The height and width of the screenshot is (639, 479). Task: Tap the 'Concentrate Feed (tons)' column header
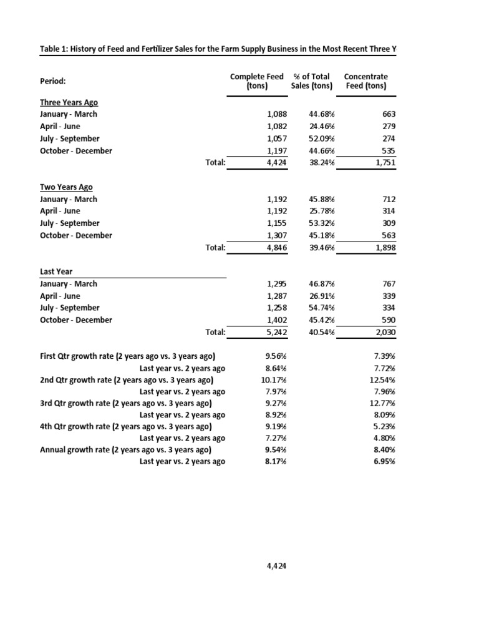(366, 81)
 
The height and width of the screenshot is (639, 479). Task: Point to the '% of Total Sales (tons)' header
(312, 81)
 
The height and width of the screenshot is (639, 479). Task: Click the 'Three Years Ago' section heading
(69, 102)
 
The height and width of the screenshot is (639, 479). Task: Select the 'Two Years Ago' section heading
(67, 187)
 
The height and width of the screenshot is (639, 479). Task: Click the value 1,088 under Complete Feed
(277, 114)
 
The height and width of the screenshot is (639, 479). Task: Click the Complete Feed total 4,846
(276, 248)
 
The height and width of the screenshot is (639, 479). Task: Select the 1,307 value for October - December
(277, 235)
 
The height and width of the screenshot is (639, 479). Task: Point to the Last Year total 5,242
(276, 333)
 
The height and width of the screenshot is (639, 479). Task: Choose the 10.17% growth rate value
(273, 380)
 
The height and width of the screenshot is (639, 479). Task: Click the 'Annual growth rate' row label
(125, 450)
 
